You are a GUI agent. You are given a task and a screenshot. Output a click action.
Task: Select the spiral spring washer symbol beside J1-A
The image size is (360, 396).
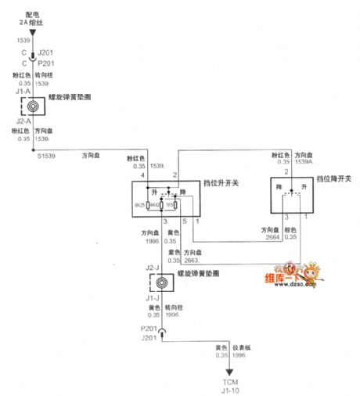pyautogui.click(x=33, y=106)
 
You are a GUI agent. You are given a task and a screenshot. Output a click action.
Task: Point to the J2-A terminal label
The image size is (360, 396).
pyautogui.click(x=23, y=121)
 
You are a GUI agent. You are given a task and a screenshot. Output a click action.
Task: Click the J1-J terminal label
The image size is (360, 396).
pyautogui.click(x=153, y=297)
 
